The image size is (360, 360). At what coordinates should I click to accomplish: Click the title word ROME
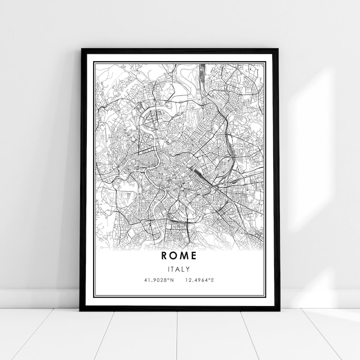pyautogui.click(x=180, y=256)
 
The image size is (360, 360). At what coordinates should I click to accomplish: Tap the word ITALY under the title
pyautogui.click(x=180, y=270)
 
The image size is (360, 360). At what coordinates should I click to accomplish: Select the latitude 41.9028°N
pyautogui.click(x=159, y=281)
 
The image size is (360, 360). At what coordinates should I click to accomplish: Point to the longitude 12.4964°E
pyautogui.click(x=200, y=281)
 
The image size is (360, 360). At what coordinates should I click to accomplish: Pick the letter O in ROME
pyautogui.click(x=175, y=256)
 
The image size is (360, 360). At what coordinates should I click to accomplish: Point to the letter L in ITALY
pyautogui.click(x=184, y=270)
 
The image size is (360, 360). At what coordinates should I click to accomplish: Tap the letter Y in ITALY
pyautogui.click(x=189, y=270)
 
